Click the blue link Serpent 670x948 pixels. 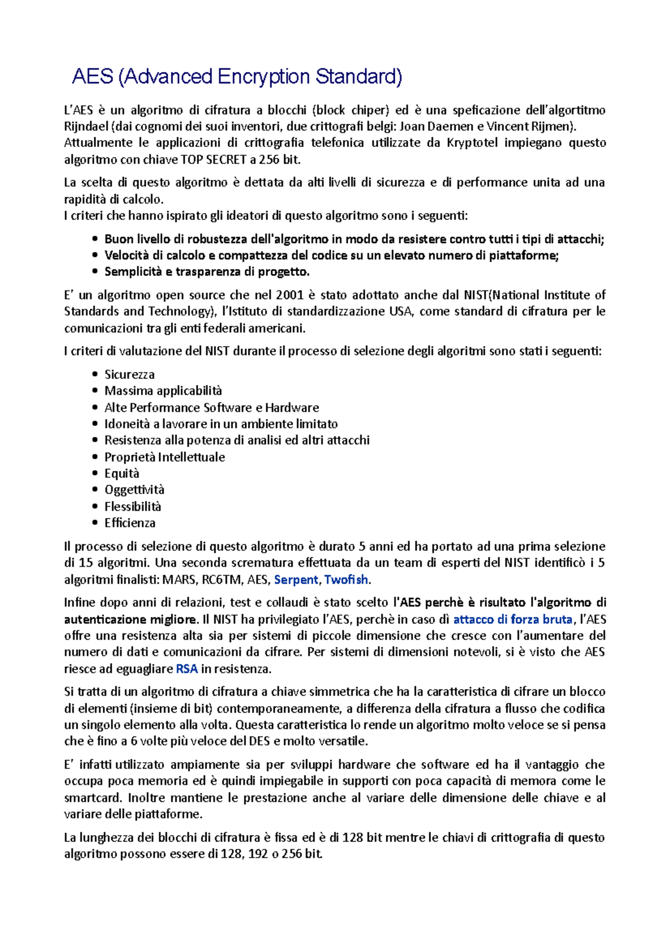coord(296,580)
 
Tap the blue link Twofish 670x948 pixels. coord(346,580)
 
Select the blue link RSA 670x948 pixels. coord(186,669)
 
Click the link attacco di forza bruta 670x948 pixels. coord(513,619)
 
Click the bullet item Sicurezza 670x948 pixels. coord(130,375)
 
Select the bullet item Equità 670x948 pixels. coord(122,473)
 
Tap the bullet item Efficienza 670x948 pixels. coord(130,523)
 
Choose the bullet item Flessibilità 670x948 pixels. coord(133,506)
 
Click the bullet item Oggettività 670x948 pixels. coord(135,490)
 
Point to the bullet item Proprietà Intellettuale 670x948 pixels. coord(165,457)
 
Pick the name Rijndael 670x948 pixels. coord(86,126)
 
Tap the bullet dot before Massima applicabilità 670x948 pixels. coord(94,391)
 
